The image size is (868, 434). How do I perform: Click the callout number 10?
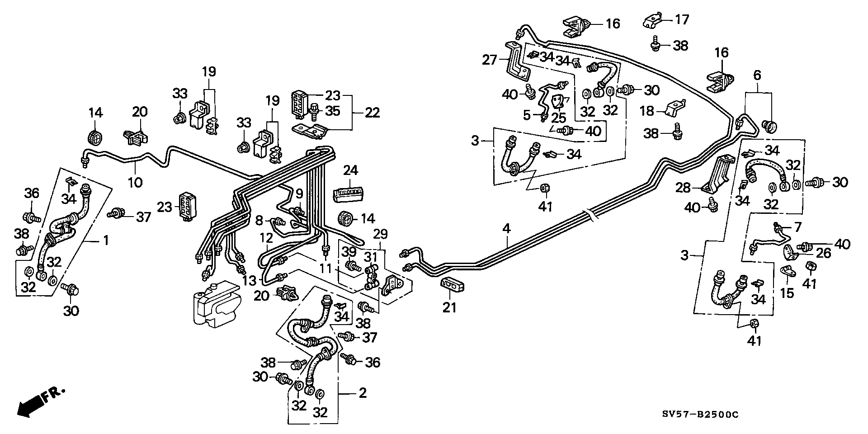(135, 182)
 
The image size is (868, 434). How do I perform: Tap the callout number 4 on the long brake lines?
(507, 229)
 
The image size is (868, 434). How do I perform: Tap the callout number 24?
(351, 170)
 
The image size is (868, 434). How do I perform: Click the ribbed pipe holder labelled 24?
(349, 193)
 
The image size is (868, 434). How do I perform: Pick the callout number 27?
(490, 60)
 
